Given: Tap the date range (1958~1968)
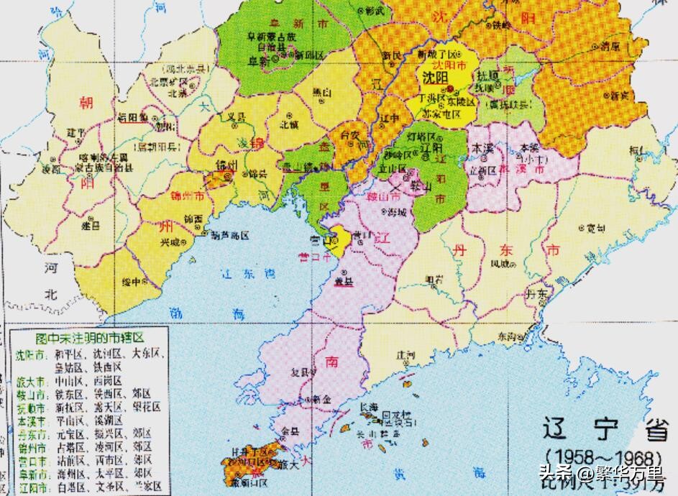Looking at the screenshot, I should pos(603,458).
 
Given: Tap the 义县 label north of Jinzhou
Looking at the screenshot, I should pos(235,116).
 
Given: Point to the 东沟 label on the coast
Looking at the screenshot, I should pos(506,336).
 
